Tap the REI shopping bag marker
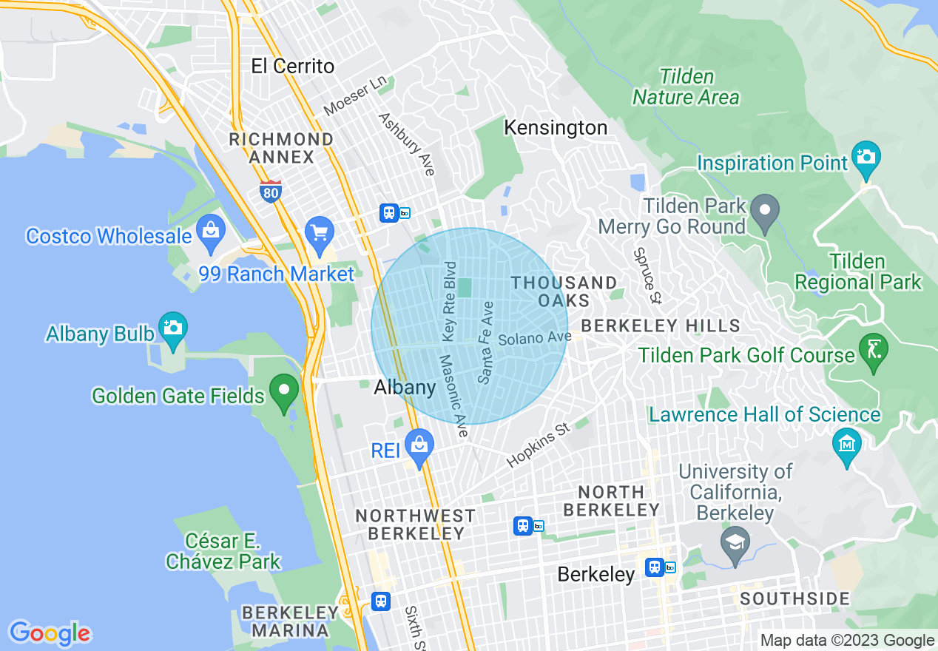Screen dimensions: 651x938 419,446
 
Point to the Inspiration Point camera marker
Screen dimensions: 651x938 866,158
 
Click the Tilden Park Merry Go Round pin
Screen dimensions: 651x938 765,211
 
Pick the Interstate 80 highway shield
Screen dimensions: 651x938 271,192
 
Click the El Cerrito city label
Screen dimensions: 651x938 293,66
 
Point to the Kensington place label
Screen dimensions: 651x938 556,127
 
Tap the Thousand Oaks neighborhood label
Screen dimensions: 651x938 564,291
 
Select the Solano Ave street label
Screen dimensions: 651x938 535,339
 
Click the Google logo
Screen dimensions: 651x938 50,633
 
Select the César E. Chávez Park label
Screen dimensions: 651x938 223,551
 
